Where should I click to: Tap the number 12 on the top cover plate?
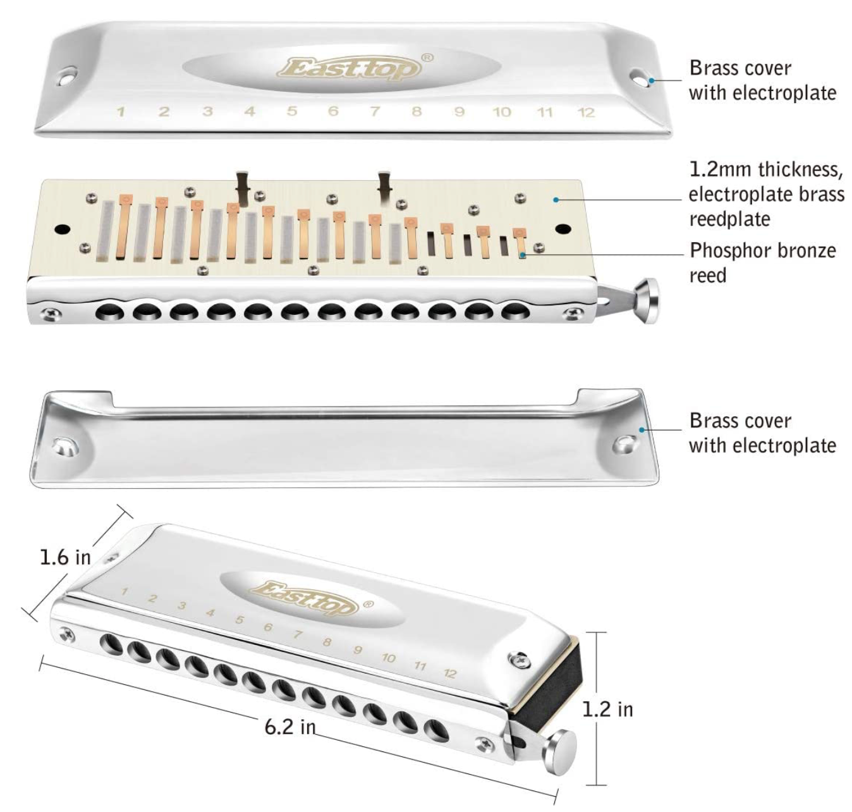click(587, 113)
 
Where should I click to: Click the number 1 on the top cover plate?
click(120, 112)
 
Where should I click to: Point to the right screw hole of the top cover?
click(639, 78)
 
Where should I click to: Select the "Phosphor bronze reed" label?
click(762, 262)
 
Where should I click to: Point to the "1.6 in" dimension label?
click(64, 557)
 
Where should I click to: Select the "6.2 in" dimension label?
click(289, 727)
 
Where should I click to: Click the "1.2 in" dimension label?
click(607, 709)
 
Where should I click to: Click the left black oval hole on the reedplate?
click(63, 228)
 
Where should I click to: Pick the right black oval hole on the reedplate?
click(563, 228)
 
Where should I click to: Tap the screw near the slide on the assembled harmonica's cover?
click(519, 660)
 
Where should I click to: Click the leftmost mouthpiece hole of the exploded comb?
click(109, 312)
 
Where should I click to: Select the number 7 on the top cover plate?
click(375, 112)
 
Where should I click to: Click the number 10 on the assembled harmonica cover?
click(388, 658)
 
